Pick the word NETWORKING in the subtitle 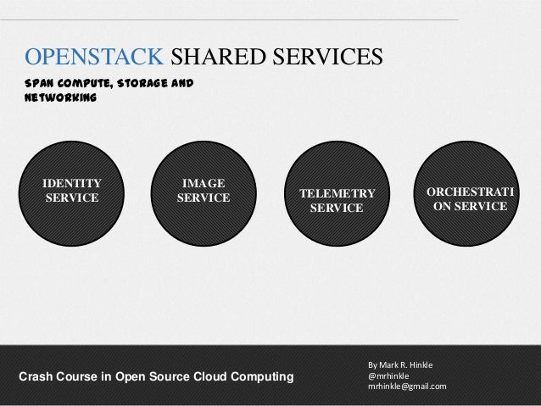[60, 98]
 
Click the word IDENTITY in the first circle [71, 182]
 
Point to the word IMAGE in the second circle [204, 182]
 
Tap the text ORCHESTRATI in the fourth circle [470, 192]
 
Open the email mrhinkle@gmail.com [406, 387]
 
